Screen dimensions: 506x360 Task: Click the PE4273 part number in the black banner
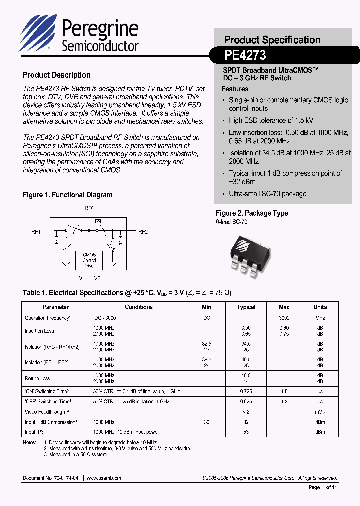point(245,54)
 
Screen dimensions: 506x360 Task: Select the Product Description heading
point(57,75)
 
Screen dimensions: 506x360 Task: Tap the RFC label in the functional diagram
point(90,208)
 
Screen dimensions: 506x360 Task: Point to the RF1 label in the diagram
point(36,232)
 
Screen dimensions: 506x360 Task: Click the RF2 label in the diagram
point(143,232)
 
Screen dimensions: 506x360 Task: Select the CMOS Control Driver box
point(89,260)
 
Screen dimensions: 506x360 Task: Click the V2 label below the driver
point(97,278)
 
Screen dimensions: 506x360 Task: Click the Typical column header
point(246,307)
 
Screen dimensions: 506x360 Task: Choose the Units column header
point(320,307)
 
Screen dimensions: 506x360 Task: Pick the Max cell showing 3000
point(284,318)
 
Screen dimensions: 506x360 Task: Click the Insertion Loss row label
point(39,331)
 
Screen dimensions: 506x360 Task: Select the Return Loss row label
point(37,378)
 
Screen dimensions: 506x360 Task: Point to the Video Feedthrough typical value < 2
point(246,412)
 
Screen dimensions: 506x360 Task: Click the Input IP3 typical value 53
point(246,432)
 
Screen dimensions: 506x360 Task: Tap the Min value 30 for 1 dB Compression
point(207,422)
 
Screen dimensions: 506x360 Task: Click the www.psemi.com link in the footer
point(104,478)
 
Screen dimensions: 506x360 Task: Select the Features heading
point(235,89)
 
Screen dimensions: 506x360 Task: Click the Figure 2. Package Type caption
point(252,213)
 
